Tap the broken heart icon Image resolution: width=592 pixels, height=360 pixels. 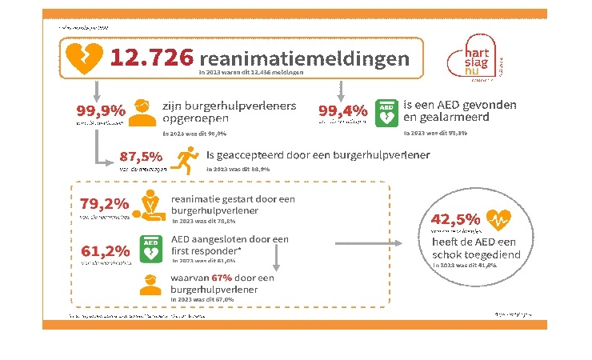tap(83, 58)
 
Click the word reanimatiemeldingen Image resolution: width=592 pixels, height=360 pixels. tap(305, 58)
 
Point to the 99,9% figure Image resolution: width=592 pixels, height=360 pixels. tap(100, 110)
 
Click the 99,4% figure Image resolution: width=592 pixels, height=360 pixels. tap(343, 110)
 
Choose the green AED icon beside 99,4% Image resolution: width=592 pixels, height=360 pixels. tap(386, 114)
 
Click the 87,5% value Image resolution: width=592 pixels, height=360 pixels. tap(140, 155)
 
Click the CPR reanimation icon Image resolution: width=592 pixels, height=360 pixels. tap(151, 208)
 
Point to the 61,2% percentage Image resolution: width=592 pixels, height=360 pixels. tap(105, 251)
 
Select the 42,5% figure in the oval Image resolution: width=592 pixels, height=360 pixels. tap(455, 219)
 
